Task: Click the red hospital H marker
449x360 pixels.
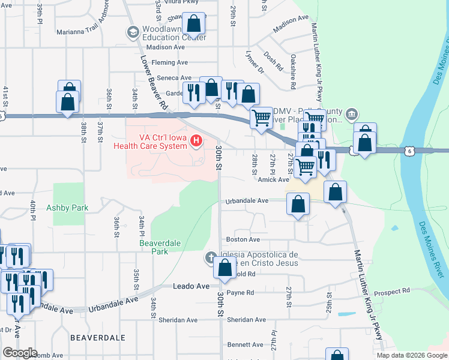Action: click(196, 141)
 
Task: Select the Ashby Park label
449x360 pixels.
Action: click(67, 208)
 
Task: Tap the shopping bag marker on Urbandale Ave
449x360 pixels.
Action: click(298, 204)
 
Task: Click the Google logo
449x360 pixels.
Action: click(20, 353)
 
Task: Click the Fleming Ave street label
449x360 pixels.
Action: click(170, 62)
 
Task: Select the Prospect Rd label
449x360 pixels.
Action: click(391, 291)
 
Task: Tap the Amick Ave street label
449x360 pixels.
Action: click(274, 179)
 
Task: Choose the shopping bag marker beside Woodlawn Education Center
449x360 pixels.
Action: click(194, 24)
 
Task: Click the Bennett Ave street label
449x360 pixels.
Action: click(245, 344)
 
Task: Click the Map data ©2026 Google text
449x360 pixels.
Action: click(411, 355)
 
